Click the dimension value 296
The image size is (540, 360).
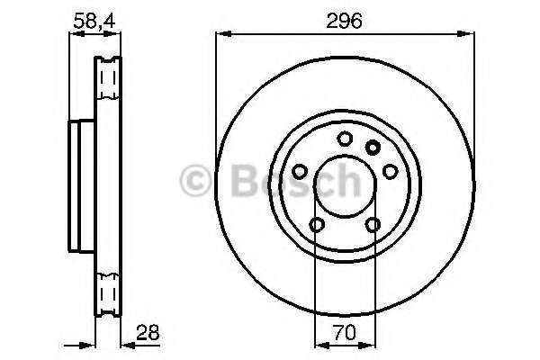coord(344,22)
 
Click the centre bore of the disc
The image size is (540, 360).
coord(343,186)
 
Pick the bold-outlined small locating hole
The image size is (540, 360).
coord(373,147)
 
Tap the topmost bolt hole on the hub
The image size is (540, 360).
coord(344,139)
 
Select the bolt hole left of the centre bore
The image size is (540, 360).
coord(299,169)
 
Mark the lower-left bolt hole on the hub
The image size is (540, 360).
coord(315,225)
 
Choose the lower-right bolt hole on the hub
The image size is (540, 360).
coord(372,225)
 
